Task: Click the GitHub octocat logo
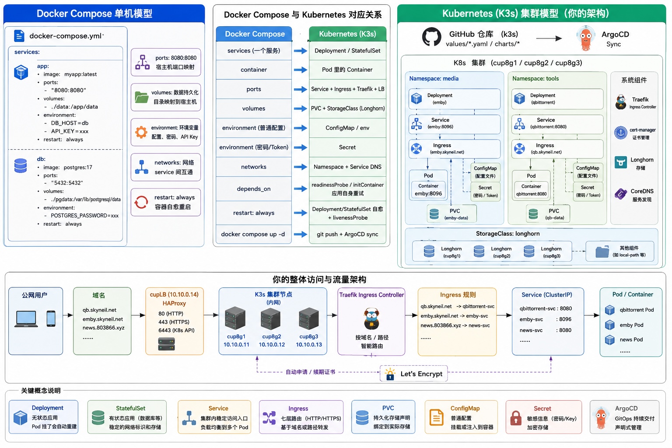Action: pos(431,37)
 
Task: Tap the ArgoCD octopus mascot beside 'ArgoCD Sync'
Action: pos(585,38)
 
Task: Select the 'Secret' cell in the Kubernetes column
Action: pos(347,147)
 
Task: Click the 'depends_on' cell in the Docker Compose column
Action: pos(254,189)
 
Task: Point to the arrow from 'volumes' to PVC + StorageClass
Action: pos(300,108)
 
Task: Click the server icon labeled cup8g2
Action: pos(271,318)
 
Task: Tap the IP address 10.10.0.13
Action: pos(309,344)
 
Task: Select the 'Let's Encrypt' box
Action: pos(414,374)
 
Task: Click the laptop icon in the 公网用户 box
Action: pos(26,319)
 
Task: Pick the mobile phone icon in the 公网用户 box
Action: pos(51,318)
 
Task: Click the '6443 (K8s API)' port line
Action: pos(176,330)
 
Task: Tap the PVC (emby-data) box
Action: pos(451,214)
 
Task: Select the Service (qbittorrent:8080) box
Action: pos(557,124)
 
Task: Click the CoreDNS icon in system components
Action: pos(620,194)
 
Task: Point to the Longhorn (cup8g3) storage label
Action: pos(551,252)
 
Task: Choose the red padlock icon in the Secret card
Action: pos(516,418)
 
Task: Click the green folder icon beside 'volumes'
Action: pos(142,97)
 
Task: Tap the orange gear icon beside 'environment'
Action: pos(141,132)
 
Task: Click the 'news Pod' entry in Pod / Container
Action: pos(631,339)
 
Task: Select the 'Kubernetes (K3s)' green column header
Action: pos(348,34)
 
